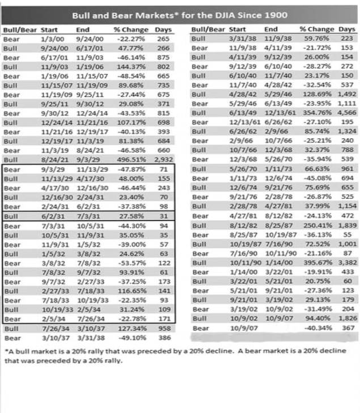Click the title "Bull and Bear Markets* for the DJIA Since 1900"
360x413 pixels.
tap(179, 15)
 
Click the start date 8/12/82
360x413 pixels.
tap(242, 225)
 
